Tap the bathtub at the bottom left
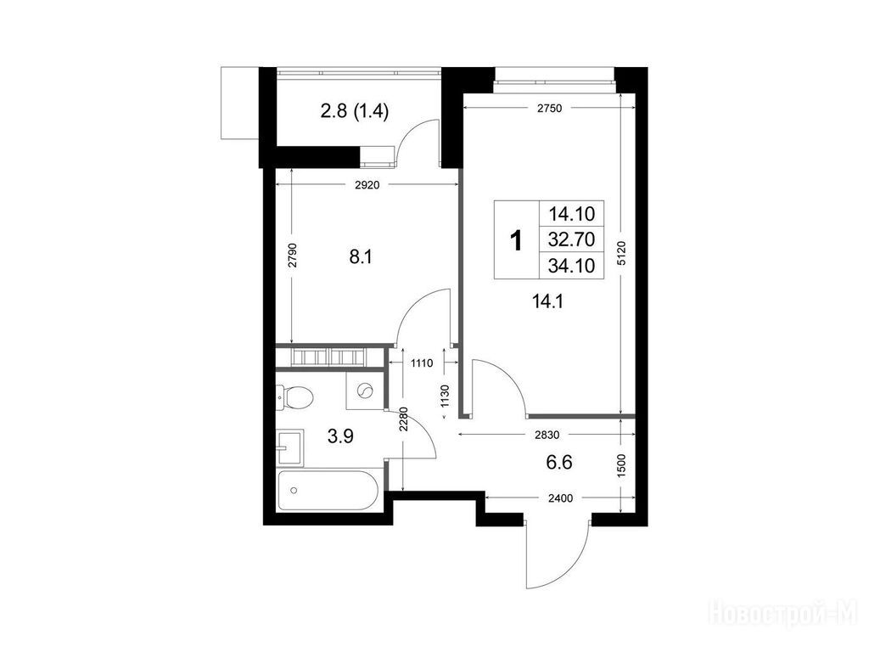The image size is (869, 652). pyautogui.click(x=328, y=491)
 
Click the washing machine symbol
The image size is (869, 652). pyautogui.click(x=364, y=391)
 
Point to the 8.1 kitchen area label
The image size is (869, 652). pyautogui.click(x=360, y=257)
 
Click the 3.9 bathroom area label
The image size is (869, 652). pyautogui.click(x=340, y=437)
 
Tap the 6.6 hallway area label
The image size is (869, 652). pyautogui.click(x=559, y=462)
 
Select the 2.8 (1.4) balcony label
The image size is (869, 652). pyautogui.click(x=355, y=111)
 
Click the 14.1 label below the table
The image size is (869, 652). pyautogui.click(x=547, y=301)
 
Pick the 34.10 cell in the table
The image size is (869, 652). pyautogui.click(x=571, y=266)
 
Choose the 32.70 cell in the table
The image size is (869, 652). pyautogui.click(x=571, y=239)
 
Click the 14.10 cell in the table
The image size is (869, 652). pyautogui.click(x=571, y=213)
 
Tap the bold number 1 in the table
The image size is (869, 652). pyautogui.click(x=516, y=240)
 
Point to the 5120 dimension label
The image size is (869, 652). pyautogui.click(x=620, y=253)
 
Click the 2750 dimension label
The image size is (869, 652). pyautogui.click(x=550, y=109)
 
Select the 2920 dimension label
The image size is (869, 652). pyautogui.click(x=367, y=185)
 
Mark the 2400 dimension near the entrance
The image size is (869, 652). pyautogui.click(x=560, y=498)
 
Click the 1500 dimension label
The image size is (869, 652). pyautogui.click(x=620, y=466)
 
